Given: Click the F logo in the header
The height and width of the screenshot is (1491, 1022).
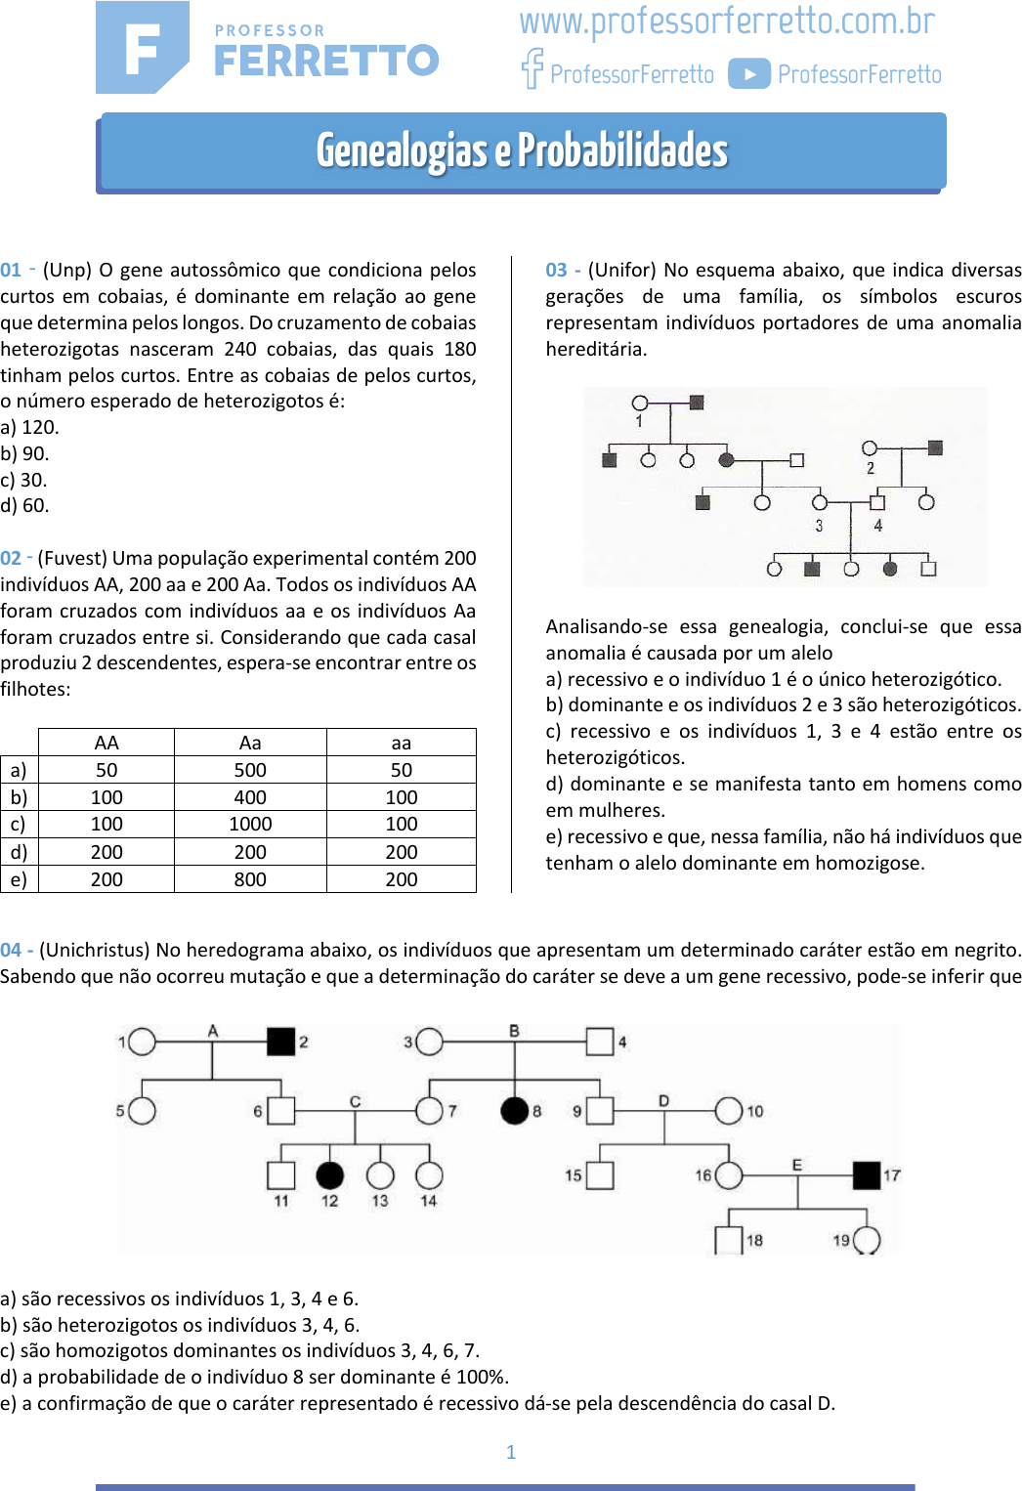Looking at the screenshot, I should click(142, 47).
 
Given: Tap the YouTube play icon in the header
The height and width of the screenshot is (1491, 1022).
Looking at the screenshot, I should click(749, 74).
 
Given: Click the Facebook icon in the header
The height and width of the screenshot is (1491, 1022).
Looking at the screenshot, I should click(532, 68).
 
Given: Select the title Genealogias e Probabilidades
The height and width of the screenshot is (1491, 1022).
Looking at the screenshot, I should click(522, 150).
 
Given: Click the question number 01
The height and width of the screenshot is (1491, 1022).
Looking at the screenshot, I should click(11, 270).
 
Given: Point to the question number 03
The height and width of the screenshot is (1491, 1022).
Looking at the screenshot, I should click(556, 270).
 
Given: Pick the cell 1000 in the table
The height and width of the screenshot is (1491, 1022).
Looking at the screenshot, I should click(250, 824).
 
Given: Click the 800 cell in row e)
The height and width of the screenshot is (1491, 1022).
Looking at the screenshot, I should click(250, 879).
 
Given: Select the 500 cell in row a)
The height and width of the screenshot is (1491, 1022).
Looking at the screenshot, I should click(250, 770).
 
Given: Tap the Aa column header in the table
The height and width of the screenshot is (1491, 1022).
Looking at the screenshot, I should click(250, 743).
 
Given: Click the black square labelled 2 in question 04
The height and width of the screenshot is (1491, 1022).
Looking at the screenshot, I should click(280, 1042).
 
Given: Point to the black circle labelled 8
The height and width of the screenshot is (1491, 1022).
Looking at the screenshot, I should click(514, 1111).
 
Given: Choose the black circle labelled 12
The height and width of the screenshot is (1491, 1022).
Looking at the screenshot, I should click(330, 1175).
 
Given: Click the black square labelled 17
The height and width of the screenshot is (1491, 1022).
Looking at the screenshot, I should click(867, 1174).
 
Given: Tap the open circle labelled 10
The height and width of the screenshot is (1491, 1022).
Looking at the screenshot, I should click(729, 1111).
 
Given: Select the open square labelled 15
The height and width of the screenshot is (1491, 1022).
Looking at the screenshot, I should click(600, 1175).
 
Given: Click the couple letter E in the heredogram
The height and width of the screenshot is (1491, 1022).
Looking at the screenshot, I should click(797, 1165).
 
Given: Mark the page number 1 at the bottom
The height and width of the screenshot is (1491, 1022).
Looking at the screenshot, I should click(511, 1452).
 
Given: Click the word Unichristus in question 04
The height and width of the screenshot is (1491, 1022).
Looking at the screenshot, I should click(95, 950).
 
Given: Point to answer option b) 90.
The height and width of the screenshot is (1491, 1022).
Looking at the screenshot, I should click(24, 453).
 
